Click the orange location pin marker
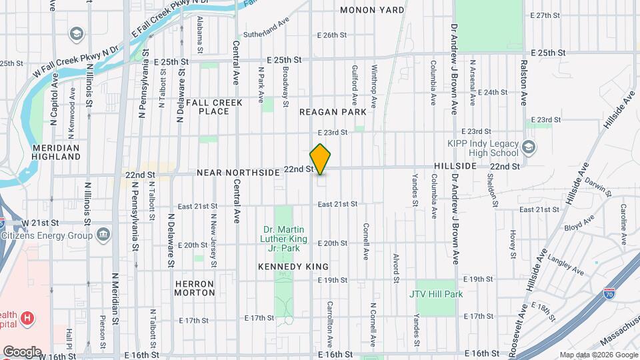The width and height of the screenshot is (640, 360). pos(321,159)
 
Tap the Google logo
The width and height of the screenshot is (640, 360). pos(22,351)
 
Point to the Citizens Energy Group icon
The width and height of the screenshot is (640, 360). pos(103,235)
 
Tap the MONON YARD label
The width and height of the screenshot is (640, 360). pos(372,10)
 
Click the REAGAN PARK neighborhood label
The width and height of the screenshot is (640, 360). pos(333,113)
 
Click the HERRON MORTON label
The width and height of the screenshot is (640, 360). pos(195,288)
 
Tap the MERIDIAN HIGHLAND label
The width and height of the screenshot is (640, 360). pos(56,152)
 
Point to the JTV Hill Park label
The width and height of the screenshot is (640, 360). pos(436,293)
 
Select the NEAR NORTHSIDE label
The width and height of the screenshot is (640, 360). pos(238,173)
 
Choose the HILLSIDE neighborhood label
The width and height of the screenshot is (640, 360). pos(455,165)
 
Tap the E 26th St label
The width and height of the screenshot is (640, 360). pos(328,35)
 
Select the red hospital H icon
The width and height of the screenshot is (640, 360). pos(27,318)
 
